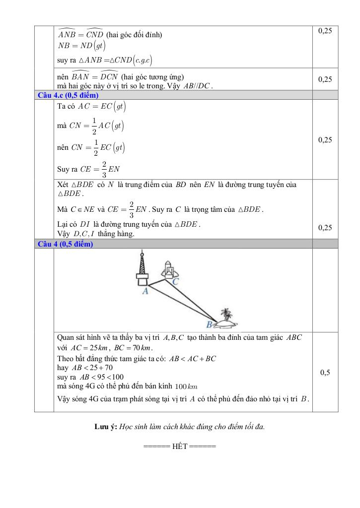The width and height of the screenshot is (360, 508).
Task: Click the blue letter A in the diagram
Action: [x=145, y=292]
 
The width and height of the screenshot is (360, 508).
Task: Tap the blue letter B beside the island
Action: [x=209, y=324]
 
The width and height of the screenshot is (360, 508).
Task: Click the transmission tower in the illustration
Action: [x=142, y=268]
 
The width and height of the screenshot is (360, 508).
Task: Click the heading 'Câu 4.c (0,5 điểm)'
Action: [x=68, y=95]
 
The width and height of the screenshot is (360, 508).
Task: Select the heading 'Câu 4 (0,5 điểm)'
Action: [x=65, y=244]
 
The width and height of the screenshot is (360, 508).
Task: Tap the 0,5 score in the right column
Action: [x=325, y=373]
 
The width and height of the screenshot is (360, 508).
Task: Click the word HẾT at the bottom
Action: [x=180, y=446]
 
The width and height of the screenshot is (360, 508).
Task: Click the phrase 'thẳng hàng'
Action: [x=118, y=234]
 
